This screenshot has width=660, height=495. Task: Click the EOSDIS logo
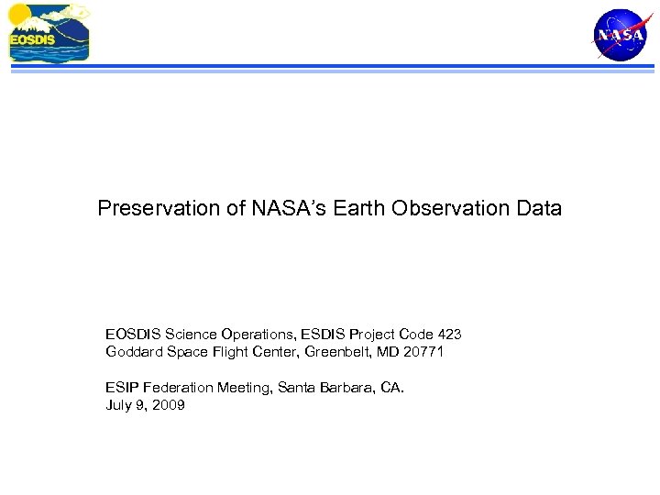[x=49, y=33]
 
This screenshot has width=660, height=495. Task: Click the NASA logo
[x=620, y=34]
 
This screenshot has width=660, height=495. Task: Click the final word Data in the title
[x=539, y=209]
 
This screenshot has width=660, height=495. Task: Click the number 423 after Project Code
[x=448, y=335]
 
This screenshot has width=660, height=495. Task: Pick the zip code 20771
[x=423, y=352]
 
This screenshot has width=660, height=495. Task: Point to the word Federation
[x=179, y=388]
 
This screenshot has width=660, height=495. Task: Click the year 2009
[x=169, y=405]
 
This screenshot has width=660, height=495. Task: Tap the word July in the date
[x=119, y=405]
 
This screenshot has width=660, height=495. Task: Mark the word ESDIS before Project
[x=324, y=335]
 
